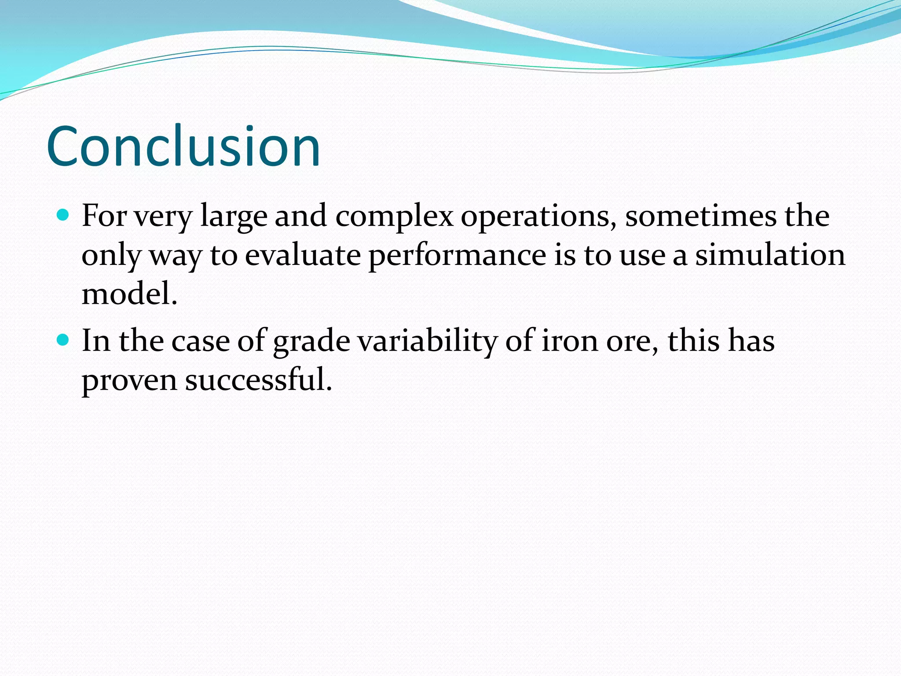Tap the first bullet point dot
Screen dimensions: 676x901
[x=63, y=215]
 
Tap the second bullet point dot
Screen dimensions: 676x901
[x=63, y=340]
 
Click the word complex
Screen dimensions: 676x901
[x=394, y=217]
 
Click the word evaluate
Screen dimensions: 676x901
[x=303, y=255]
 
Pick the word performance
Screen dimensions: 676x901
[x=457, y=255]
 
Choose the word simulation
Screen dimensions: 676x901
[x=770, y=255]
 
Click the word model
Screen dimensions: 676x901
[x=129, y=294]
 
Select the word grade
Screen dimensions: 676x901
[x=311, y=342]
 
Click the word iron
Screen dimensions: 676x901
[x=569, y=341]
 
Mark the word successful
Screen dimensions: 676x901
[x=258, y=379]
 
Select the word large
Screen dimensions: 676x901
[x=234, y=217]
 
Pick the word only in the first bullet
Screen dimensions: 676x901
[x=111, y=255]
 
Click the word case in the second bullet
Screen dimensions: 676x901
[x=201, y=342]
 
